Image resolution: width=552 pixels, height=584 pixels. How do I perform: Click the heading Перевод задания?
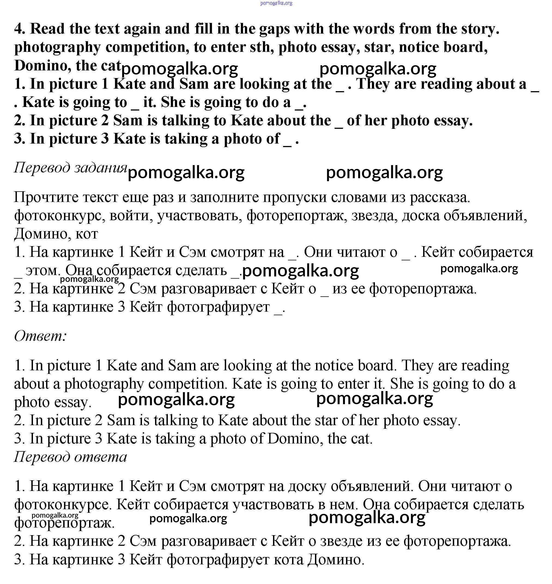71,167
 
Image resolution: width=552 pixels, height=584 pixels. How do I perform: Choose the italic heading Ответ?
41,336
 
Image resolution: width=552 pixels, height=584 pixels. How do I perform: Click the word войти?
131,216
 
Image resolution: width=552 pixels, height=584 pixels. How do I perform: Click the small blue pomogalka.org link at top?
276,3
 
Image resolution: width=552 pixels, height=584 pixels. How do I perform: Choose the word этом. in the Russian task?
43,270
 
